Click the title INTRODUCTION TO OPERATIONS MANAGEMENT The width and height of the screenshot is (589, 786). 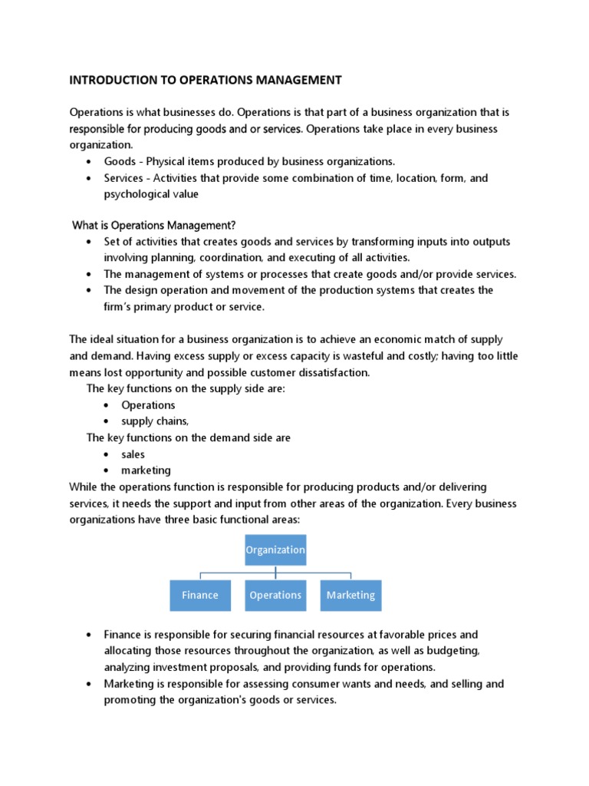pyautogui.click(x=206, y=80)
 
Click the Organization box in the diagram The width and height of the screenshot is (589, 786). pyautogui.click(x=275, y=550)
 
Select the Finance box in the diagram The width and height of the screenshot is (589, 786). pyautogui.click(x=200, y=595)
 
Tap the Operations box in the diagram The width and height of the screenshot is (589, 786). pyautogui.click(x=275, y=595)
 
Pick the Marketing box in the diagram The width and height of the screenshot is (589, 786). pyautogui.click(x=350, y=595)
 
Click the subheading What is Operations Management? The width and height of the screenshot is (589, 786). pyautogui.click(x=154, y=225)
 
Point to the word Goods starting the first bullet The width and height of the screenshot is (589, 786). pyautogui.click(x=119, y=161)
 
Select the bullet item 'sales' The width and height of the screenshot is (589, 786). pyautogui.click(x=133, y=454)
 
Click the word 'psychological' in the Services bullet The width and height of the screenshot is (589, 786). pyautogui.click(x=138, y=194)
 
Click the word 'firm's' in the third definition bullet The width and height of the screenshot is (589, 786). pyautogui.click(x=120, y=307)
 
